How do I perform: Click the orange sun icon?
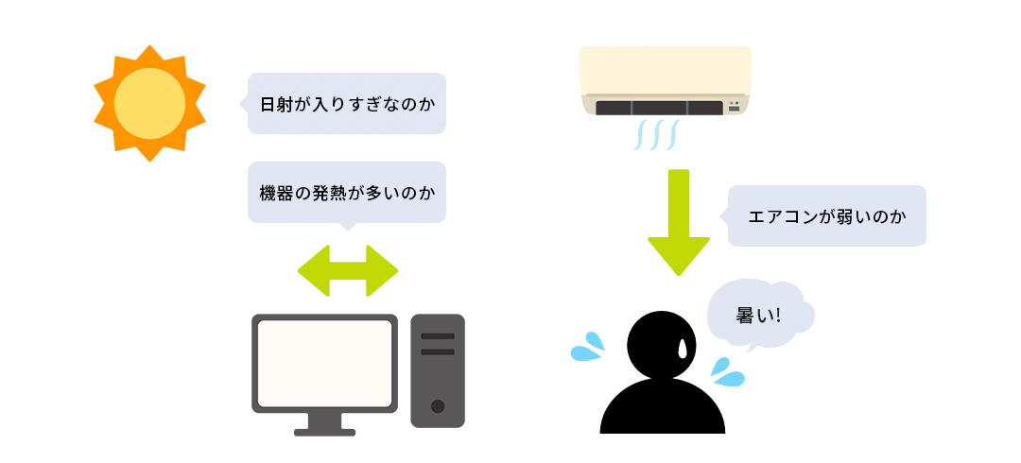pos(149,103)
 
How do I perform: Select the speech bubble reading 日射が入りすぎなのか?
pos(346,103)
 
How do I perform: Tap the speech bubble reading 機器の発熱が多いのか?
pos(346,192)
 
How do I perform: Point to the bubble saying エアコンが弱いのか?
pos(826,216)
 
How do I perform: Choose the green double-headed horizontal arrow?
pos(348,271)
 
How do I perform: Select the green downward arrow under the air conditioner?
pos(679,221)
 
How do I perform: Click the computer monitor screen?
pos(324,363)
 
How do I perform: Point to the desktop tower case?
pos(438,370)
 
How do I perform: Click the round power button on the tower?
pos(438,406)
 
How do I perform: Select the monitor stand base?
pos(324,432)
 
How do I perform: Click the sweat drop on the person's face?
pos(683,349)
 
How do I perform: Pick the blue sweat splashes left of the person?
pos(589,347)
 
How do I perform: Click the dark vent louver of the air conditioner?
pos(659,108)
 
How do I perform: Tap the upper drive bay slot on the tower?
pos(438,336)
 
